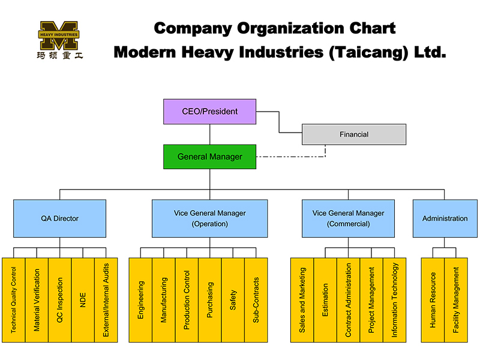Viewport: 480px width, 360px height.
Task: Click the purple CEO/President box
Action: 210,112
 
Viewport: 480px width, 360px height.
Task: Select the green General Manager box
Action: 210,157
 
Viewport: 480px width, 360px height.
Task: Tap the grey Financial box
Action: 354,134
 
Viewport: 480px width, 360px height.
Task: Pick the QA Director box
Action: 59,218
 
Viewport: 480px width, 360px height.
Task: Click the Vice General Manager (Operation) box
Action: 210,218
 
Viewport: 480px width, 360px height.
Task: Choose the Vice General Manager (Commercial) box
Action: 348,218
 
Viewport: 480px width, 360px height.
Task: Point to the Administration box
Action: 445,218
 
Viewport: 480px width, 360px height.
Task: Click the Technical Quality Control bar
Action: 14,300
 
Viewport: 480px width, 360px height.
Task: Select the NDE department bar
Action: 83,300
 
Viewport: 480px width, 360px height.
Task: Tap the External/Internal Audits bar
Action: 106,300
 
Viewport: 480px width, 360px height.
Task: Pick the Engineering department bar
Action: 140,300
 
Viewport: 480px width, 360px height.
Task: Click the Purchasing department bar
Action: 210,300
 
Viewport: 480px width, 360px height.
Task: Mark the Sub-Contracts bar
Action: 256,300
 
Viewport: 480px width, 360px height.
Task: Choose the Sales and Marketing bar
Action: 302,300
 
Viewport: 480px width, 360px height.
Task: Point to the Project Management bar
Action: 371,300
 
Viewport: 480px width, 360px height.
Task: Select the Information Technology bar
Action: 394,300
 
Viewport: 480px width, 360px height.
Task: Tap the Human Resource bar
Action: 433,300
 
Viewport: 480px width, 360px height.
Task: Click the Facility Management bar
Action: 456,300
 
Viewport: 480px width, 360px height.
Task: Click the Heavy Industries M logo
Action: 59,36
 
